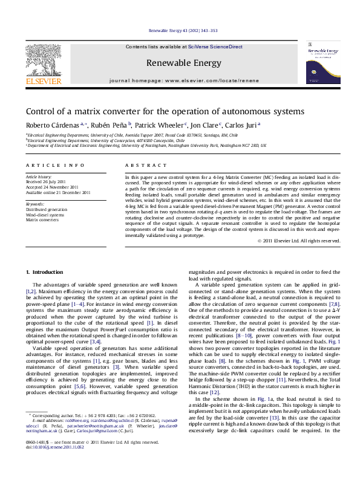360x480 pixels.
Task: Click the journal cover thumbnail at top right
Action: tap(319, 63)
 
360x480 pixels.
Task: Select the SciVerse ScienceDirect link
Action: tap(215, 47)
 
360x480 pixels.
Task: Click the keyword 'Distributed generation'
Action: tap(48, 209)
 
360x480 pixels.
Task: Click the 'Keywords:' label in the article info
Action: tap(35, 204)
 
